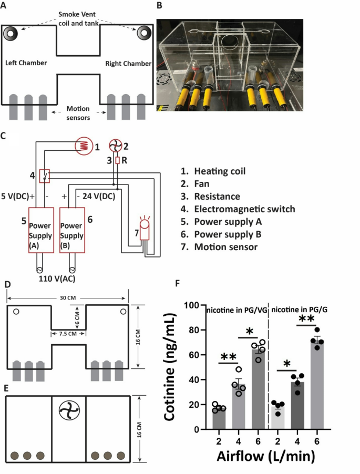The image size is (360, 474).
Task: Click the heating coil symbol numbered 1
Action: pos(84,146)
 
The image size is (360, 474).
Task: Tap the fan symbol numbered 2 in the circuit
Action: pos(116,146)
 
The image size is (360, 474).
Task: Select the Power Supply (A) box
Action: pos(41,230)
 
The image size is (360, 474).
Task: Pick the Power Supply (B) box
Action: pos(72,230)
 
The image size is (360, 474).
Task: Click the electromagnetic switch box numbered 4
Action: pos(45,176)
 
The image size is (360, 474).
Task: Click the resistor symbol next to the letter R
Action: pos(117,160)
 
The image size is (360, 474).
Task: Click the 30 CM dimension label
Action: pos(68,298)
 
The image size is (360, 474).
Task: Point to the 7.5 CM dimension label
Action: pos(68,334)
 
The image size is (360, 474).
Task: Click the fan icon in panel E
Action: pos(69,410)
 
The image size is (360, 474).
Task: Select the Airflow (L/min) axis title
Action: pos(266,456)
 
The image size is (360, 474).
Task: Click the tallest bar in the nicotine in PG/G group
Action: pos(317,384)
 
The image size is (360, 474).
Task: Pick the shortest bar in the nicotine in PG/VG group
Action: pos(219,419)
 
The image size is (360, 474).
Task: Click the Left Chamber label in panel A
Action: pos(26,63)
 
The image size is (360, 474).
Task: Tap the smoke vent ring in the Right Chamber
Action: pos(145,33)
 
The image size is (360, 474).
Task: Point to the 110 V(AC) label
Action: pos(57,279)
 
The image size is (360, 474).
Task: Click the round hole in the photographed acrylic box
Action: pos(230,42)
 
